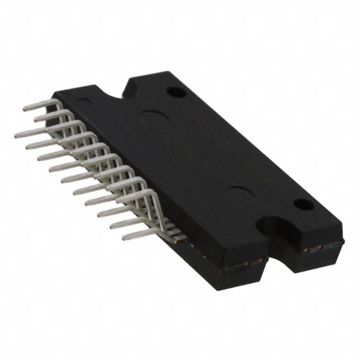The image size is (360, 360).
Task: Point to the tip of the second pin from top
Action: tap(35, 119)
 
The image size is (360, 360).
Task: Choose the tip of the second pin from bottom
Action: tap(111, 225)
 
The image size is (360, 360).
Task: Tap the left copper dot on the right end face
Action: tap(305, 249)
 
